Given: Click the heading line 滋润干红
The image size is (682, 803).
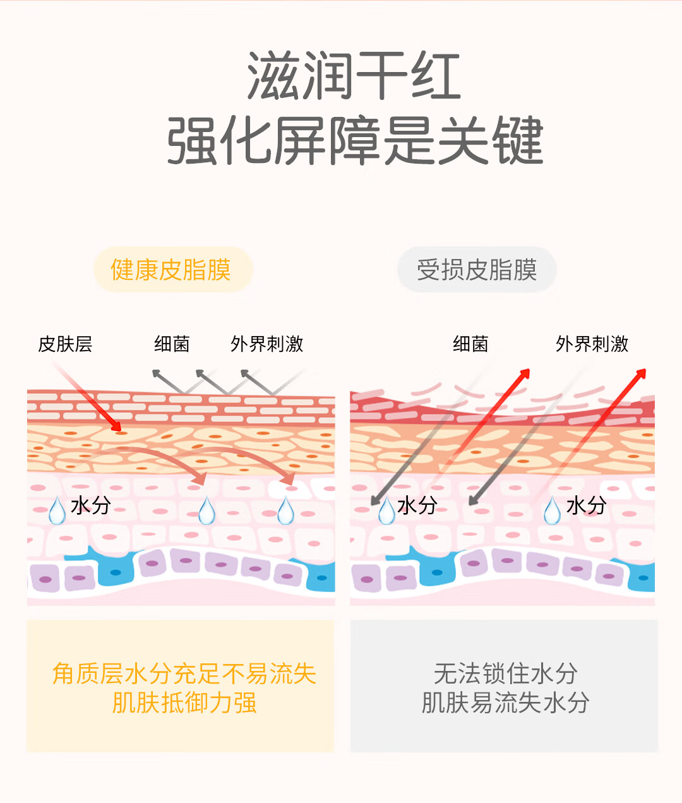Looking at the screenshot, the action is tap(354, 76).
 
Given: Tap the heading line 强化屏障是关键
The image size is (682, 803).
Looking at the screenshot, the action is tap(354, 140).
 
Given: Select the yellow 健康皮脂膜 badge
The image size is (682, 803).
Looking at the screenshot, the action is tap(171, 270).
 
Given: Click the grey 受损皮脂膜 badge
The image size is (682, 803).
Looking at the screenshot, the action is tap(477, 270).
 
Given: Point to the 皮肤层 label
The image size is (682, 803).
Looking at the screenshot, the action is tap(65, 344).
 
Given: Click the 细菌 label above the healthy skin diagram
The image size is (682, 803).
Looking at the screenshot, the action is tap(172, 344).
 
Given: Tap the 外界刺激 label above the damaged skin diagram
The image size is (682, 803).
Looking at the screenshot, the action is tap(592, 344).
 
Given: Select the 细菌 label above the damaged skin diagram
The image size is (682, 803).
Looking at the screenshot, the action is tap(470, 344).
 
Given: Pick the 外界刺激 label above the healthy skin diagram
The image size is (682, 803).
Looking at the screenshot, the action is tap(266, 344).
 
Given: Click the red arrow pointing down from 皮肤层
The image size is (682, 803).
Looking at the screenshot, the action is tap(95, 404).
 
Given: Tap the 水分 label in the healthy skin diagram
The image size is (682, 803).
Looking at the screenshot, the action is tap(91, 505).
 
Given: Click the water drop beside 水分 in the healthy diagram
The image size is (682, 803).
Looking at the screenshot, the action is tap(57, 510).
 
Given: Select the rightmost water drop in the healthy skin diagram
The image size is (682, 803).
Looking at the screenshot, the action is tap(286, 510).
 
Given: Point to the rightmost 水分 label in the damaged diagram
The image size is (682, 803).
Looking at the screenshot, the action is tap(586, 505).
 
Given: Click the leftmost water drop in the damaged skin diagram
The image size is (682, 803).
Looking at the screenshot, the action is tap(386, 510).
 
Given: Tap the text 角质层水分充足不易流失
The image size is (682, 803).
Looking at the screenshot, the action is tap(184, 673).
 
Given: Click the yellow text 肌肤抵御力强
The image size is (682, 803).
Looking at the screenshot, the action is tap(184, 703).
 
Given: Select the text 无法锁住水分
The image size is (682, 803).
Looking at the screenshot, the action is tap(505, 673).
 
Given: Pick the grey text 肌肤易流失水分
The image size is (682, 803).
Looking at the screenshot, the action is tap(505, 703).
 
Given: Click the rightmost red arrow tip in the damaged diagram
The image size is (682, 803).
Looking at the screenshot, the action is tap(642, 373).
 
